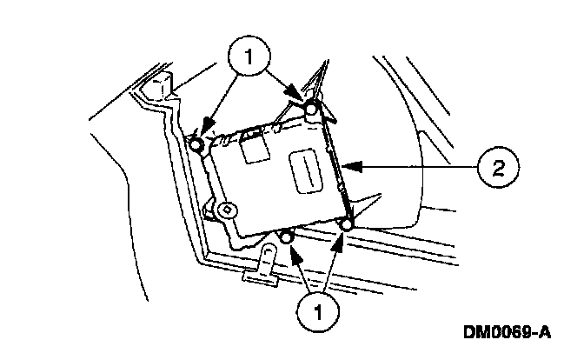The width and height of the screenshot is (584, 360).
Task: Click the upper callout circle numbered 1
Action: tap(249, 58)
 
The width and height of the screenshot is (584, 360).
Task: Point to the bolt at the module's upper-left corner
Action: tap(197, 144)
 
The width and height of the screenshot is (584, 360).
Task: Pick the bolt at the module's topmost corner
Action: tap(311, 109)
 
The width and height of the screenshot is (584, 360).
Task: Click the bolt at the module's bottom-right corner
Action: tap(346, 226)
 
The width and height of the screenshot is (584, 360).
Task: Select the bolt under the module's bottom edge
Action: tap(288, 237)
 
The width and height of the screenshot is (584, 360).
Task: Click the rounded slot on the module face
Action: tap(305, 170)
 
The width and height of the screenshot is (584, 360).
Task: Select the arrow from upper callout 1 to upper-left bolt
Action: tap(217, 104)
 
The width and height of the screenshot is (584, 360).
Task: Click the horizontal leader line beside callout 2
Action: tap(417, 163)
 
